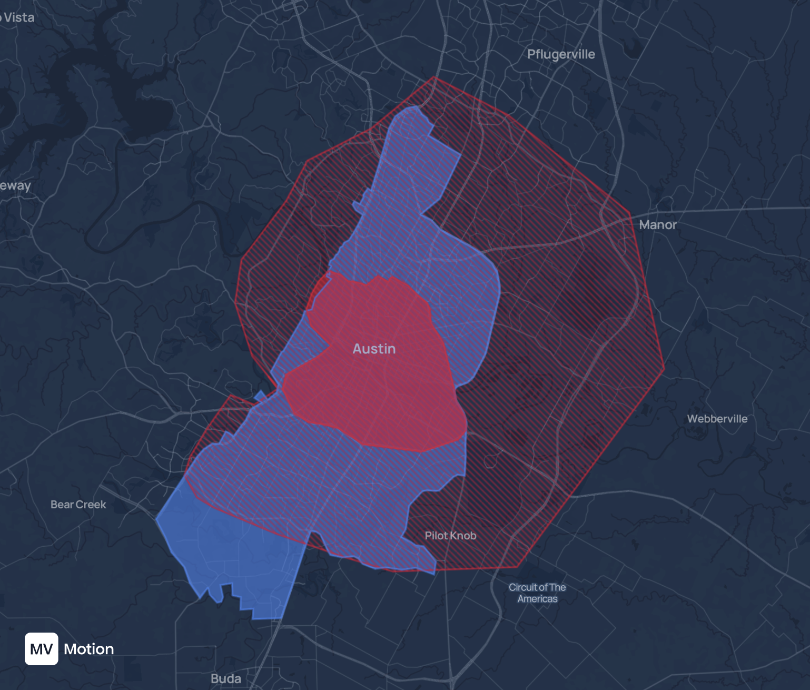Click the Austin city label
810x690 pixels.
coord(374,349)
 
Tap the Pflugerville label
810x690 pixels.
coord(561,54)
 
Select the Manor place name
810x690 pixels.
coord(658,225)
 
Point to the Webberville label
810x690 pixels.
coord(717,419)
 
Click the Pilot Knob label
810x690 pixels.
coord(450,536)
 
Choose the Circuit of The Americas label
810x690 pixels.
coord(537,593)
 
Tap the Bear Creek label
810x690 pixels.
coord(78,505)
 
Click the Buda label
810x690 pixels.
coord(226,678)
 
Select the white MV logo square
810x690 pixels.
coord(42,649)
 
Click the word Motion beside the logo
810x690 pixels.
coord(89,649)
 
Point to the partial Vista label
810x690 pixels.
coord(18,17)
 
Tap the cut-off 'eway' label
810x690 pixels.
coord(15,185)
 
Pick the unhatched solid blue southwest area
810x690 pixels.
coord(232,558)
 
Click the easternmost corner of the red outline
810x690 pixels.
coord(664,368)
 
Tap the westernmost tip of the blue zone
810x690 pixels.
coord(156,519)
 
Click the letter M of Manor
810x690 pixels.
coord(645,225)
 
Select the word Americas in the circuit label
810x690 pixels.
coord(537,599)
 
